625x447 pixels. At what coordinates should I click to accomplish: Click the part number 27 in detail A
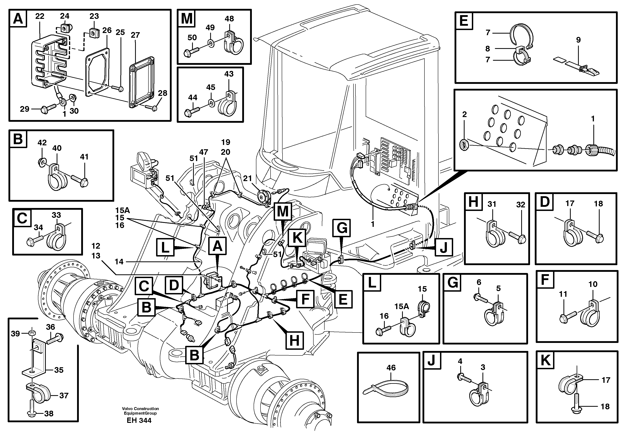(x=135, y=35)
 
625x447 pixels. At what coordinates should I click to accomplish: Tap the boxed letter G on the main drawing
(x=341, y=228)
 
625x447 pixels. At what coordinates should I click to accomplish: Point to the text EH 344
(x=139, y=420)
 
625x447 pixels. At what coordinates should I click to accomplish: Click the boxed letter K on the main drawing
(x=297, y=237)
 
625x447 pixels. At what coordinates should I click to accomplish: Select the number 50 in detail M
(x=192, y=38)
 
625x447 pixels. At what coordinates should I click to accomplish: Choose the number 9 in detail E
(x=578, y=40)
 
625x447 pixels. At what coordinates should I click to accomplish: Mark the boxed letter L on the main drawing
(x=165, y=247)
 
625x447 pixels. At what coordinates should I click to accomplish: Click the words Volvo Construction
(x=141, y=409)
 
